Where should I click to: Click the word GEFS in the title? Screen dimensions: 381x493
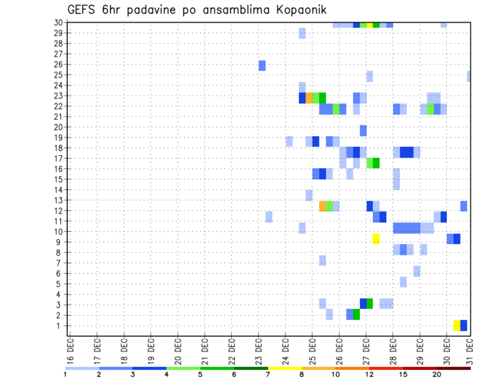click(x=83, y=10)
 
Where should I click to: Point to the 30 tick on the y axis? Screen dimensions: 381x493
click(x=59, y=23)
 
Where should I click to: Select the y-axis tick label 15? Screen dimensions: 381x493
click(x=59, y=179)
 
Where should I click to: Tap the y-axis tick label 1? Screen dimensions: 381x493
click(x=61, y=326)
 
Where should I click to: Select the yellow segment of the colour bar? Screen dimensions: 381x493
click(x=285, y=368)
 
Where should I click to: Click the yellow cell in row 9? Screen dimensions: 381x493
click(x=376, y=239)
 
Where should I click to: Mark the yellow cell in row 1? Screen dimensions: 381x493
click(x=457, y=326)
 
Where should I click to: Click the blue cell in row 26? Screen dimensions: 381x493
click(x=262, y=66)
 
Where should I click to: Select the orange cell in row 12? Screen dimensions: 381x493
click(x=323, y=206)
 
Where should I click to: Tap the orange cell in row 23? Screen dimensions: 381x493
click(x=309, y=98)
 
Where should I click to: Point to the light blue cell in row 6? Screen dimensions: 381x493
click(x=416, y=271)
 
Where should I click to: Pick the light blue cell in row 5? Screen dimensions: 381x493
click(x=403, y=282)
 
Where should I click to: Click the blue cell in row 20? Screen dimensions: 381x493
click(x=363, y=130)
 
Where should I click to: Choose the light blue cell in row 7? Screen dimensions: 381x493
click(x=323, y=260)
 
